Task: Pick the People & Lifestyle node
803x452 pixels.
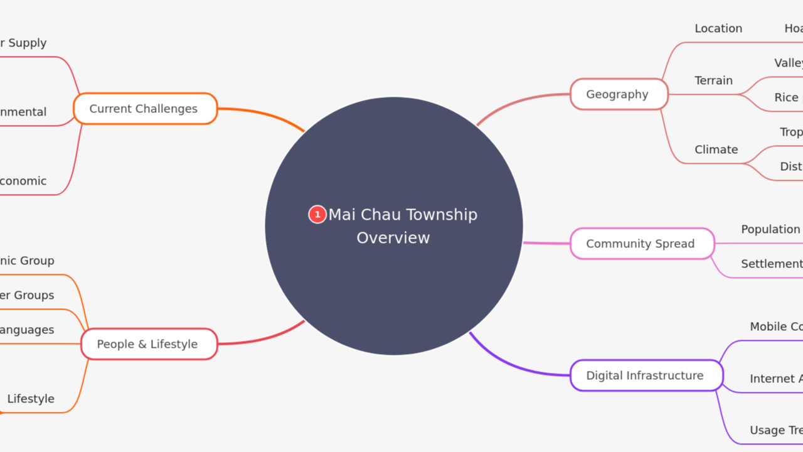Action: coord(149,344)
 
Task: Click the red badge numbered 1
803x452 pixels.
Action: coord(317,215)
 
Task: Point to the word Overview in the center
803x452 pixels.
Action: coord(393,238)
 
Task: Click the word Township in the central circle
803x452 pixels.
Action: coord(439,215)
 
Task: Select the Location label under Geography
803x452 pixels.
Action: coord(718,29)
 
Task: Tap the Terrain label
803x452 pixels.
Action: coord(713,80)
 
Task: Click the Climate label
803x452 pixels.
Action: coord(716,149)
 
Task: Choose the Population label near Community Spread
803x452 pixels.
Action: coord(770,229)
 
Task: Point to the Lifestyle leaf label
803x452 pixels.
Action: coord(31,399)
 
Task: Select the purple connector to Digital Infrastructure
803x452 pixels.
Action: coord(514,367)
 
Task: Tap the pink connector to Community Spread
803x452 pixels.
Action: coord(546,243)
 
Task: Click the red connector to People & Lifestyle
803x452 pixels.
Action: coord(263,340)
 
